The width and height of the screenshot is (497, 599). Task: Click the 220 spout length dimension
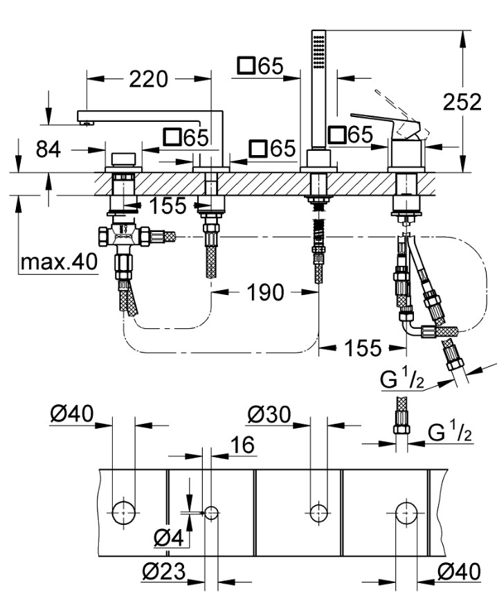click(147, 80)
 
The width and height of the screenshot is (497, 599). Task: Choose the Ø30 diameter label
click(269, 415)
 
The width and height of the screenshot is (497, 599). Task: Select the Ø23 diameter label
click(165, 573)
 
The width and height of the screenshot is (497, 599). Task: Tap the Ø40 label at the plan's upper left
click(71, 415)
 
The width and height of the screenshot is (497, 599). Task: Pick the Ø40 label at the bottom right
click(459, 571)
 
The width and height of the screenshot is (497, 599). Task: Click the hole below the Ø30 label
click(318, 512)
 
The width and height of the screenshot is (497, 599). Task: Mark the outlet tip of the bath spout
click(85, 123)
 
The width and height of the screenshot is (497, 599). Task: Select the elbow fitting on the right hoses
click(413, 326)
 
